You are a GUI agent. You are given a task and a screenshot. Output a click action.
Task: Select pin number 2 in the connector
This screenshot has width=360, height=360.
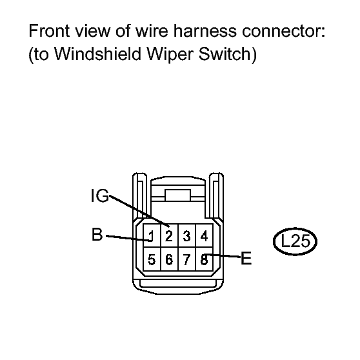point(169,236)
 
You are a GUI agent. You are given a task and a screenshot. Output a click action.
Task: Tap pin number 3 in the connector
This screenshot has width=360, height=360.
point(186,236)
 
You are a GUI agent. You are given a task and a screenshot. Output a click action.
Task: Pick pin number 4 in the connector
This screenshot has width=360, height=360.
point(204,236)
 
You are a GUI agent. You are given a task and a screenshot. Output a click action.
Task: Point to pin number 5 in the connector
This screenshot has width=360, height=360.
point(152,259)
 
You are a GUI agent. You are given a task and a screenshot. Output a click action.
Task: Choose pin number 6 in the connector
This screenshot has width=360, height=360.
point(169,259)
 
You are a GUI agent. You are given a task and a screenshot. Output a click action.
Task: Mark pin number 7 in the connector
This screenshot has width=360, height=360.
point(186,259)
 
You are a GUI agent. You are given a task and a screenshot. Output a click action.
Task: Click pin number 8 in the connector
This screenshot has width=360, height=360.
point(204,259)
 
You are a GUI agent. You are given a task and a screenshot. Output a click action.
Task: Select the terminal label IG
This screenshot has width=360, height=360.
point(100,195)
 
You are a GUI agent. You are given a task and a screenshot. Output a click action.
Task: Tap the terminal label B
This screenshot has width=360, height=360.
point(97,234)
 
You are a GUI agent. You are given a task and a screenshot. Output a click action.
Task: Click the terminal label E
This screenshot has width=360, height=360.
point(246,258)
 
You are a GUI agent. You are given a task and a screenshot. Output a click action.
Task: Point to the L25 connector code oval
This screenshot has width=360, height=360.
point(295,241)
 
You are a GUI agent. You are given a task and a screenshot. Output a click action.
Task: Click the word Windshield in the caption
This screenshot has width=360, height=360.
point(97,54)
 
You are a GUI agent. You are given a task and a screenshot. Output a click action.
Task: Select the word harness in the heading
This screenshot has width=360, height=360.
point(205,31)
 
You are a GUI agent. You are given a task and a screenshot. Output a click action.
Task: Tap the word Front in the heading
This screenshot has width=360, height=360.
point(49,31)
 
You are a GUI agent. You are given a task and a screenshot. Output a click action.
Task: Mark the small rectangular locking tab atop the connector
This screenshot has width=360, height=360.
point(177,195)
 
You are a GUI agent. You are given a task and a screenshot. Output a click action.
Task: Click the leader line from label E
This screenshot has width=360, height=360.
point(223,255)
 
